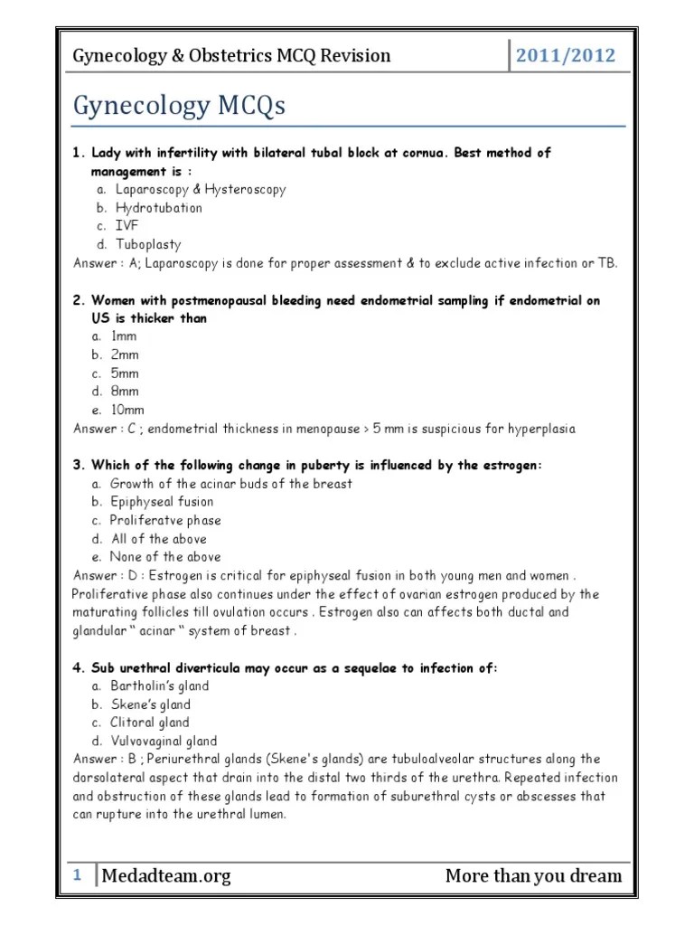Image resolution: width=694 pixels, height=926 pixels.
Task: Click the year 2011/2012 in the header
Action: (x=565, y=55)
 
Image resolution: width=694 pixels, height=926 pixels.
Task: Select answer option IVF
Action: (x=126, y=226)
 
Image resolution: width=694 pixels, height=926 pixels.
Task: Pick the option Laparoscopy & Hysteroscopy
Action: (x=197, y=190)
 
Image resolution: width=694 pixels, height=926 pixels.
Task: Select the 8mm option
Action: (x=125, y=392)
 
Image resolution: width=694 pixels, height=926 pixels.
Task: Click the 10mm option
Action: (x=127, y=410)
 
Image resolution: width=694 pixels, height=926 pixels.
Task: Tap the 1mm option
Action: (x=125, y=336)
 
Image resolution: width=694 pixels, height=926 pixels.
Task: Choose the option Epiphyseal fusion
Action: (x=162, y=502)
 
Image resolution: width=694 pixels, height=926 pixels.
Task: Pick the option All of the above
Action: (x=158, y=539)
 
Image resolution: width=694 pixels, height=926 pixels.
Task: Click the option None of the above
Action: (x=164, y=557)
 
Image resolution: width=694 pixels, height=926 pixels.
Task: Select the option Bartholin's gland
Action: (x=159, y=686)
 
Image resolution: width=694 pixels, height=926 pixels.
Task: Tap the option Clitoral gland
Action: (x=149, y=723)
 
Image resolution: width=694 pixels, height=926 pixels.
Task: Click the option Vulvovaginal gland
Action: (x=164, y=742)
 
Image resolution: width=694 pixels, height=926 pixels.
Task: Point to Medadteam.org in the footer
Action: (x=166, y=875)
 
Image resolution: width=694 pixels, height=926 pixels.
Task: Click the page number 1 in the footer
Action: (x=78, y=874)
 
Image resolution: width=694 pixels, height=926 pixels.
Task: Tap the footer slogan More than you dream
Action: (x=533, y=875)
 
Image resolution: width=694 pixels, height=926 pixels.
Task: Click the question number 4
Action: (x=79, y=668)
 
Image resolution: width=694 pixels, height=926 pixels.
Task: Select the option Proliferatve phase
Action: (x=165, y=521)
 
